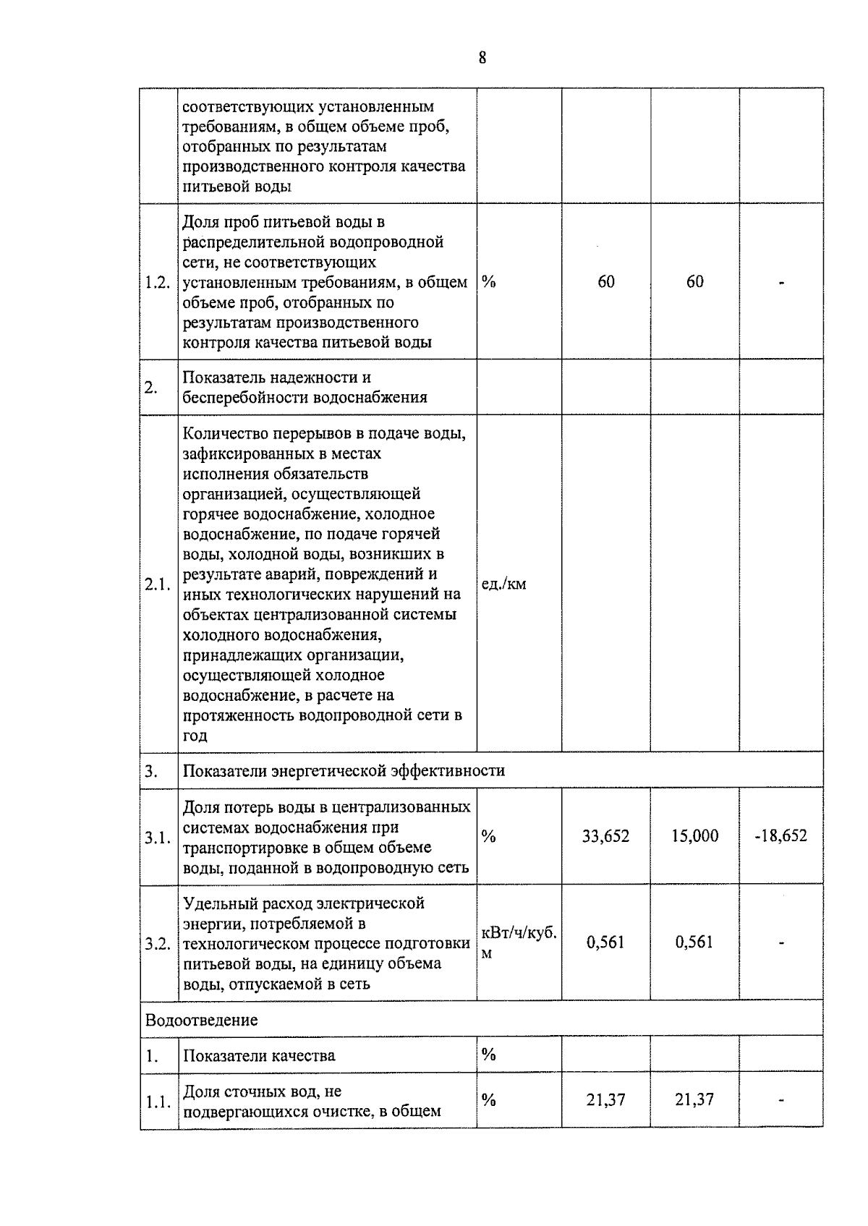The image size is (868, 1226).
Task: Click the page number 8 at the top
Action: (482, 59)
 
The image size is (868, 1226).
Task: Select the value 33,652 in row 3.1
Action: (605, 836)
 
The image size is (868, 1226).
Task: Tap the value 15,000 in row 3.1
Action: (694, 836)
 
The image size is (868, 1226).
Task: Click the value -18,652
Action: (780, 836)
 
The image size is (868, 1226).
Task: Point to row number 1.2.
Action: (158, 282)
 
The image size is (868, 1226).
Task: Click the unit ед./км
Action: (503, 584)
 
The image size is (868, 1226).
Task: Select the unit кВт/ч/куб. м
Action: (518, 942)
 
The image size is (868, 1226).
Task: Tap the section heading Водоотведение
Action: (201, 1020)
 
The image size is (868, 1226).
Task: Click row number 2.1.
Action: (158, 584)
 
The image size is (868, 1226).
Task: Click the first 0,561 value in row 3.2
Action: (605, 942)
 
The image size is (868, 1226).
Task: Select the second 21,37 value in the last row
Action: (694, 1099)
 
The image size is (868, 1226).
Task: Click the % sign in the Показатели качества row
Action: (489, 1054)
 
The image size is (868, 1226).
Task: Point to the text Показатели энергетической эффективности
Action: (344, 770)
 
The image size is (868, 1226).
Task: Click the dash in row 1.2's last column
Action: (781, 282)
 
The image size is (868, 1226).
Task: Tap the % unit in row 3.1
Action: (489, 836)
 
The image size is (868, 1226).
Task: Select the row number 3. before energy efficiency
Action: (150, 771)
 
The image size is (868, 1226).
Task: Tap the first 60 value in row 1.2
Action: (606, 281)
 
